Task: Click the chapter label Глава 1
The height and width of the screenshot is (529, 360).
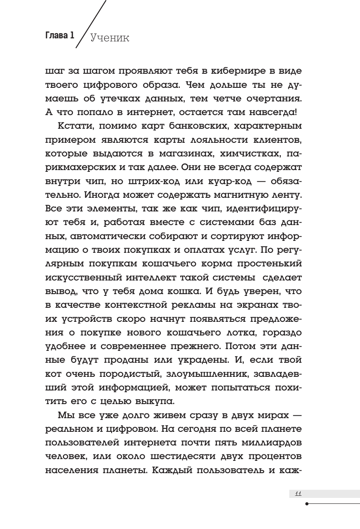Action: [60, 36]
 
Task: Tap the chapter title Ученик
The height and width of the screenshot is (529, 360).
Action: [109, 38]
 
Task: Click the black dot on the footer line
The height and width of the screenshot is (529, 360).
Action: [307, 503]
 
